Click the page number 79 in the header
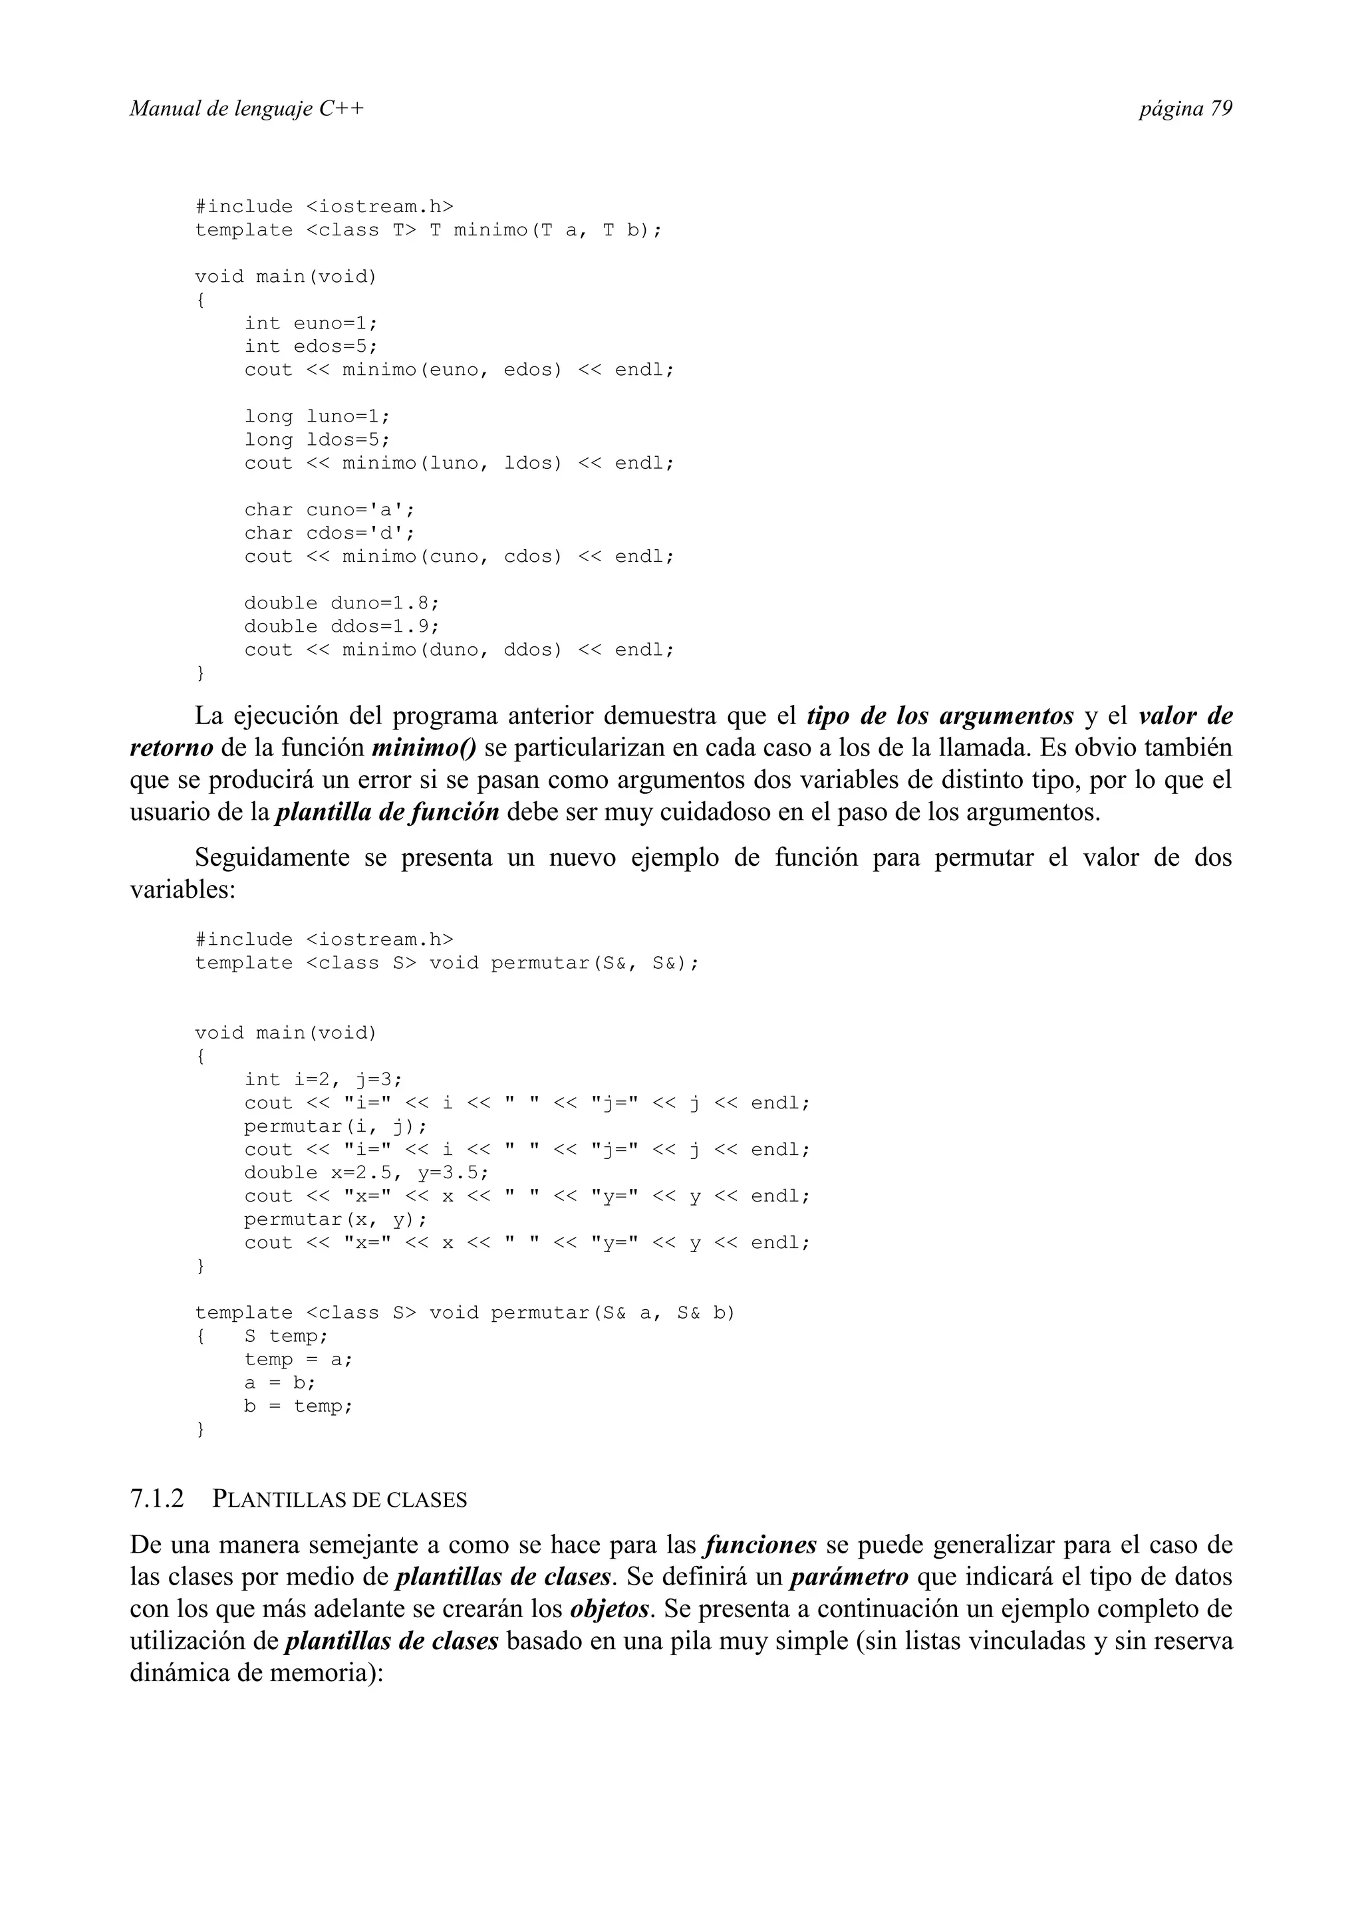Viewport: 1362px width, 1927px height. (1220, 109)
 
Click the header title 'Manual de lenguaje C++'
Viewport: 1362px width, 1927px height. (247, 109)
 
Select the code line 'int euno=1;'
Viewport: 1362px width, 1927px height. (311, 323)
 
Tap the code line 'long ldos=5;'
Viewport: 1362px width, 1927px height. (317, 440)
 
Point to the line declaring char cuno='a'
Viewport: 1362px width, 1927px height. (329, 510)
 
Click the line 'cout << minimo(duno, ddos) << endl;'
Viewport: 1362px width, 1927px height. (459, 650)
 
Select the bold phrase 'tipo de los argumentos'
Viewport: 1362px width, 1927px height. (940, 716)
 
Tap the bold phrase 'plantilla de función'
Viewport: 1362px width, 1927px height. (388, 813)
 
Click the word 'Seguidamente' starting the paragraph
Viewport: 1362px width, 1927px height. (272, 858)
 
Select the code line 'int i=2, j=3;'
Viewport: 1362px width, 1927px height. (323, 1079)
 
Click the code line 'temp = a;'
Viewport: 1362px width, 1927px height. (299, 1360)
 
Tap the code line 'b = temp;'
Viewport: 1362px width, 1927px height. (299, 1406)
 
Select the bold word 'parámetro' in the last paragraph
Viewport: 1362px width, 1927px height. (849, 1577)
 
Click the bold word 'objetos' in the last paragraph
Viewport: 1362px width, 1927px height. (610, 1609)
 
